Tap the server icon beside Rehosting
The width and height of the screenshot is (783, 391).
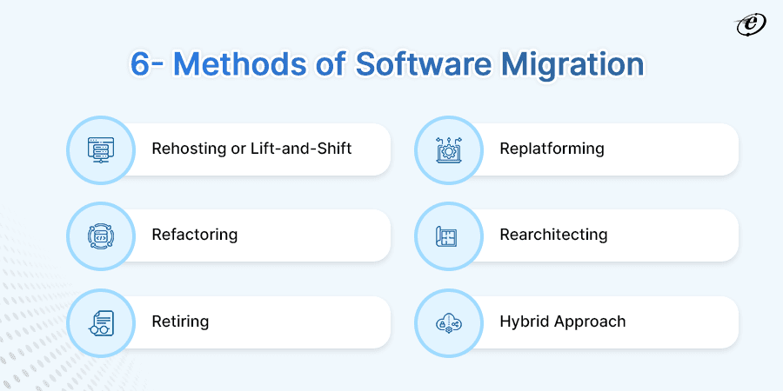tap(101, 149)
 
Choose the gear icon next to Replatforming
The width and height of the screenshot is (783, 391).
tap(449, 149)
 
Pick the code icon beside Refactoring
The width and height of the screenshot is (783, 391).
tap(101, 235)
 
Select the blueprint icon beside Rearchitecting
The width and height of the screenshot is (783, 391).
tap(449, 235)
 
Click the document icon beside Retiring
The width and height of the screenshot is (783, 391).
tap(101, 322)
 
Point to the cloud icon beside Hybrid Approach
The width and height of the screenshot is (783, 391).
tap(449, 322)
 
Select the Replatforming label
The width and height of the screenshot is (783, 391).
tap(552, 149)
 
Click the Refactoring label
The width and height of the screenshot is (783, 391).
tap(194, 235)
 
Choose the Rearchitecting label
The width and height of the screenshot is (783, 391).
tap(553, 235)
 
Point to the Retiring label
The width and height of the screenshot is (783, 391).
tap(180, 321)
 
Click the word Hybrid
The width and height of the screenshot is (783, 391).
tap(524, 321)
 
